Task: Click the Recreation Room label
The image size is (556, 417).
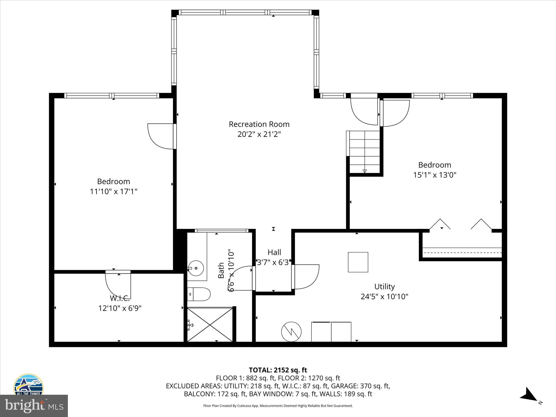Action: click(259, 124)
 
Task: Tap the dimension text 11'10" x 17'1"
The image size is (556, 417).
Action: click(113, 192)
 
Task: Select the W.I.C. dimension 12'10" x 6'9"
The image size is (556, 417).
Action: click(120, 308)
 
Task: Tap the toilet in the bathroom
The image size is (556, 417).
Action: click(199, 294)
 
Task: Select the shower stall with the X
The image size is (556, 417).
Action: click(210, 324)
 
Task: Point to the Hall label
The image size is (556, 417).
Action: click(274, 252)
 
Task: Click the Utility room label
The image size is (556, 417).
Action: click(384, 287)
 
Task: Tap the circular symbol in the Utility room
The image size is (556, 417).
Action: click(291, 332)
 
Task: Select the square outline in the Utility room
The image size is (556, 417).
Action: click(358, 262)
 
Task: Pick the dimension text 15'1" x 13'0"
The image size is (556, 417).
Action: click(435, 175)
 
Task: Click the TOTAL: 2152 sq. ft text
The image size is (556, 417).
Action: click(278, 370)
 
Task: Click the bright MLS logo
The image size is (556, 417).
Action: click(34, 406)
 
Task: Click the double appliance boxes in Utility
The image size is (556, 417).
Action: click(331, 332)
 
